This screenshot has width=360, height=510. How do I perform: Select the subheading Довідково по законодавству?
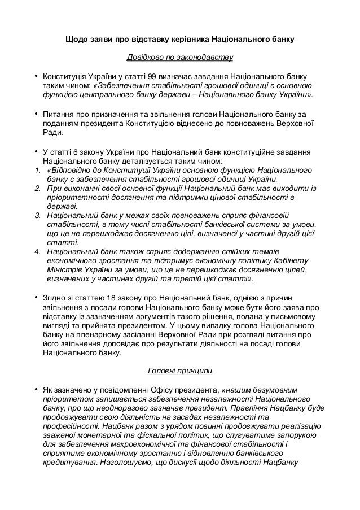click(x=179, y=58)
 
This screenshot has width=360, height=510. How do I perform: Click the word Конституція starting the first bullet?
click(x=66, y=75)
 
